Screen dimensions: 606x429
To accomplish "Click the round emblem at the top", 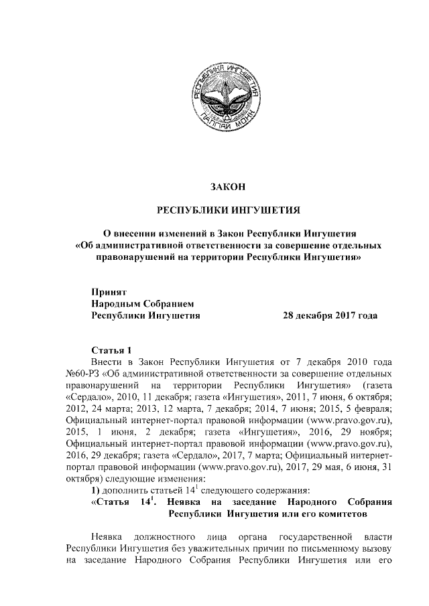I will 216,93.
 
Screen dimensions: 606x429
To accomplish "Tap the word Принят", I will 108,291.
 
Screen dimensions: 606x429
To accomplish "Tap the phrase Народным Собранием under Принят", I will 137,303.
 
